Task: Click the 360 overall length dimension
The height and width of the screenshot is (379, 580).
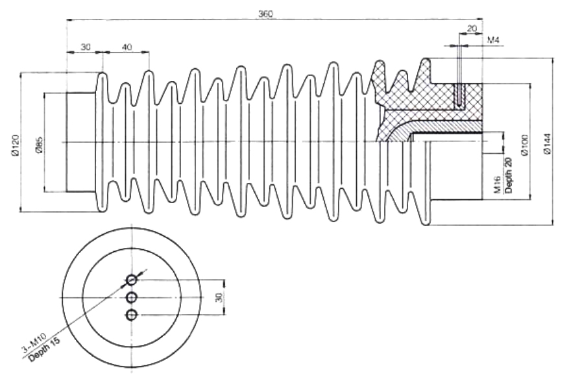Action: (x=265, y=14)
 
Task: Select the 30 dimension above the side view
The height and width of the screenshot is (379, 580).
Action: (x=86, y=47)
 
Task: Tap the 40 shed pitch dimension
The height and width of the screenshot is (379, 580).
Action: (x=127, y=47)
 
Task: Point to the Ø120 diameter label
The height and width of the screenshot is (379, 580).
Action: (x=14, y=145)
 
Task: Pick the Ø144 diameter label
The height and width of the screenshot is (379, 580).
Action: (x=548, y=143)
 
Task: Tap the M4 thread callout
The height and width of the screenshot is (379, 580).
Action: (x=494, y=40)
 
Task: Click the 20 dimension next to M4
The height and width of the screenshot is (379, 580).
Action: (x=472, y=28)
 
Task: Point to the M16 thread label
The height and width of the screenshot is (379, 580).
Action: (x=497, y=184)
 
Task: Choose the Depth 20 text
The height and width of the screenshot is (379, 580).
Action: (x=509, y=175)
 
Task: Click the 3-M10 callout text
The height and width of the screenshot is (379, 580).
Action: (x=33, y=342)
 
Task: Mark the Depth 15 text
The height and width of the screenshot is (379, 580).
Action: (x=44, y=350)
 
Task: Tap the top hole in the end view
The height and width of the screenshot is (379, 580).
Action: (x=132, y=280)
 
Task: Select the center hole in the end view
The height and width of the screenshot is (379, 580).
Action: (x=132, y=297)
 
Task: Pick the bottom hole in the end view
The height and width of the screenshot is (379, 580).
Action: (x=132, y=315)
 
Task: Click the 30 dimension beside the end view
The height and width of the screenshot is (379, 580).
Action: (x=219, y=297)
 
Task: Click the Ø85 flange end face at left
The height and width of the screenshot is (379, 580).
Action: (x=67, y=142)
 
